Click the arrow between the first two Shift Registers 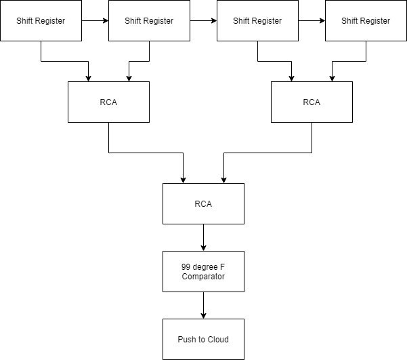(95, 21)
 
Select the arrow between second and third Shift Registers (203, 21)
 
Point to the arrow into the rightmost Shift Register (312, 21)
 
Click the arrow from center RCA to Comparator (203, 237)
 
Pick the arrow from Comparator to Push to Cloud (203, 305)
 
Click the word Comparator (203, 277)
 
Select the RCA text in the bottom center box (203, 203)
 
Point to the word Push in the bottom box (186, 339)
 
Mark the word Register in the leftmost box (51, 21)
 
